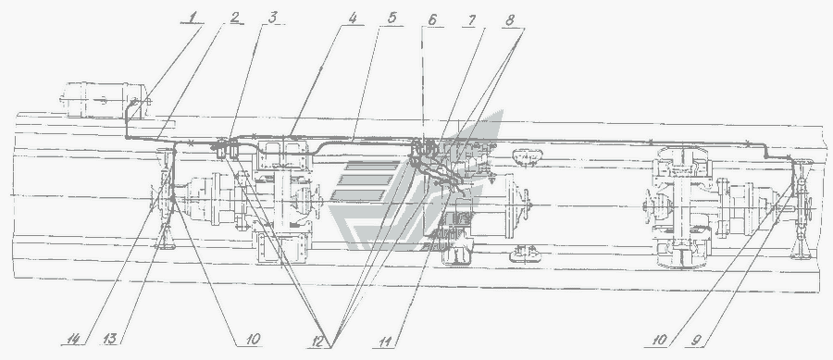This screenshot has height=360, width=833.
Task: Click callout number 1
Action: tap(193, 17)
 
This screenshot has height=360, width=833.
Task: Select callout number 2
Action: tap(235, 17)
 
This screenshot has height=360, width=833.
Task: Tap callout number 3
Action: tap(272, 17)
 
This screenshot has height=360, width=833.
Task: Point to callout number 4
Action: tap(353, 17)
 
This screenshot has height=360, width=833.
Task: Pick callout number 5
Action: tap(392, 17)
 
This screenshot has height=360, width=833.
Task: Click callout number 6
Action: tap(432, 19)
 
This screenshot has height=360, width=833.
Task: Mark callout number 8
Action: tap(510, 19)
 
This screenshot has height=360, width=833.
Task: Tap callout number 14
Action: tap(74, 339)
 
